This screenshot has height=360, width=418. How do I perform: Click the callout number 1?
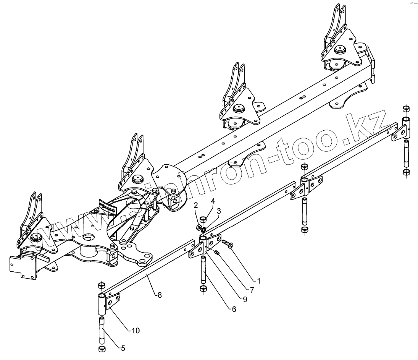point(259,281)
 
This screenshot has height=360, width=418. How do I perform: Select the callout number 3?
point(219,211)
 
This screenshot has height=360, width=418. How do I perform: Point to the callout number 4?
point(213,201)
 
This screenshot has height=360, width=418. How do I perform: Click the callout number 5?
point(123,348)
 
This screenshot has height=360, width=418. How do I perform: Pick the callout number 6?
point(233,309)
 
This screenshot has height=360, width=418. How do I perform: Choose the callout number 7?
point(252,290)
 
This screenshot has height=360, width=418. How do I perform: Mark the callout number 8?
point(159,295)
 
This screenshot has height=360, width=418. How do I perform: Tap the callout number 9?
point(244,300)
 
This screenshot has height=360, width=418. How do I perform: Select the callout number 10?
point(135,330)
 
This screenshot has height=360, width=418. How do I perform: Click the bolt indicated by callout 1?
point(227,243)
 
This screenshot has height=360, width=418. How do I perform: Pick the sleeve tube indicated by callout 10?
point(102,302)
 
